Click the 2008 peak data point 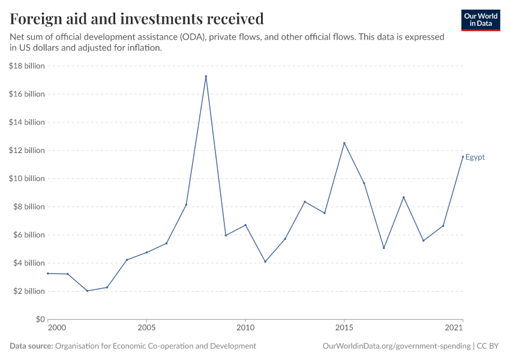(x=206, y=76)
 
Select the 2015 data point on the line (x=344, y=143)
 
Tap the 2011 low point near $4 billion (x=265, y=262)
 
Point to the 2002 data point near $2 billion (x=88, y=291)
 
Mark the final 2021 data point (x=463, y=157)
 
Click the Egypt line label (x=475, y=157)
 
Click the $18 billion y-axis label (x=27, y=66)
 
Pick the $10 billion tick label (x=27, y=178)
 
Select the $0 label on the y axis (x=40, y=319)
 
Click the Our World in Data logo (x=480, y=20)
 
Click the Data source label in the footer (x=31, y=346)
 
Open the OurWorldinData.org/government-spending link (x=396, y=346)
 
